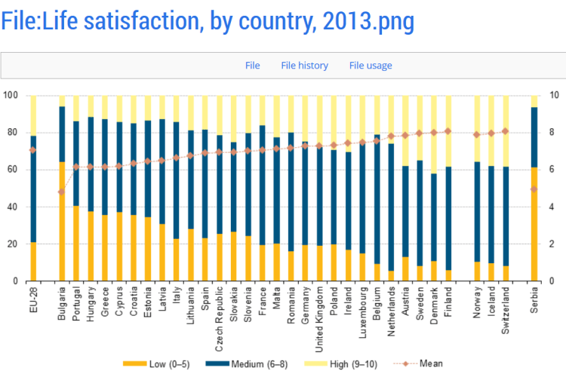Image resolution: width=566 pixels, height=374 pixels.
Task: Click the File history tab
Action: click(304, 66)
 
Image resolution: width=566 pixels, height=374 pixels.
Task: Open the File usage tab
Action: click(371, 66)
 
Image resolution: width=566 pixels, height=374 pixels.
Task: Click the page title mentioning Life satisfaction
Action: click(208, 20)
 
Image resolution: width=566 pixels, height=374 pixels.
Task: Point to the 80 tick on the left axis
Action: click(11, 133)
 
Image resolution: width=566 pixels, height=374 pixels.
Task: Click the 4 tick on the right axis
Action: click(555, 207)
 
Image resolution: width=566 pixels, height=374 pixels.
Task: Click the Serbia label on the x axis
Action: click(534, 305)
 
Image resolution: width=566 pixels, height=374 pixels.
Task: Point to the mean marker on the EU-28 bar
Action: click(32, 150)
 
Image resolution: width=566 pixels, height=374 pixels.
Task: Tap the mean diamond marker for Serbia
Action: click(534, 189)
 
